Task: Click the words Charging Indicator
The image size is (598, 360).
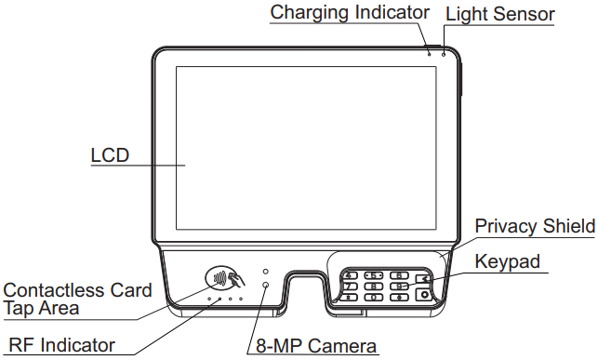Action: (350, 12)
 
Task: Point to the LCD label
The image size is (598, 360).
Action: (109, 155)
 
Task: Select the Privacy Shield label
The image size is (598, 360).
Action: (534, 226)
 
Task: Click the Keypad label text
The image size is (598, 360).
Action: (507, 262)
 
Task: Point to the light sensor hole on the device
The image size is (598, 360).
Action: (444, 53)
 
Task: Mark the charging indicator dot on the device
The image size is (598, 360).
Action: (430, 53)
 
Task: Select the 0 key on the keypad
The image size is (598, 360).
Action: (374, 297)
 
